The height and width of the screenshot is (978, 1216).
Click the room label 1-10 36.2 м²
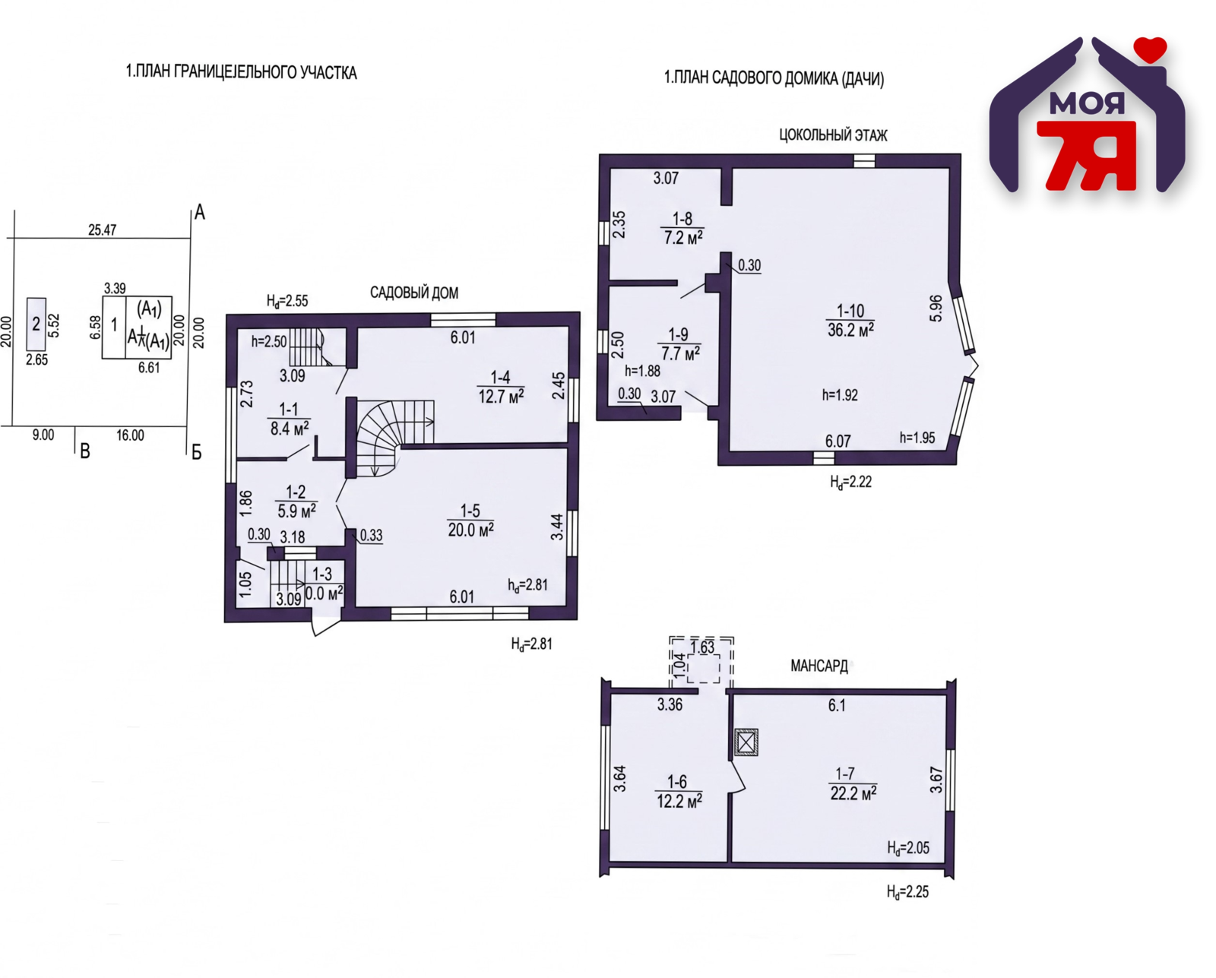coord(850,320)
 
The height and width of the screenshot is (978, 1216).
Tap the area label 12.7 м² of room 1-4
coord(501,396)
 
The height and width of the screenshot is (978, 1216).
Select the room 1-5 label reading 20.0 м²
coord(471,530)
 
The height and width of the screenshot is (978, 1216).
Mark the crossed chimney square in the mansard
coord(746,742)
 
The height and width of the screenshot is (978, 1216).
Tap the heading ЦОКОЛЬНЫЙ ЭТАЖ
coord(833,135)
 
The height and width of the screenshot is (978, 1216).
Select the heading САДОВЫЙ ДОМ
coord(414,293)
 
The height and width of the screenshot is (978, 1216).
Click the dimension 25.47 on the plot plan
coord(103,230)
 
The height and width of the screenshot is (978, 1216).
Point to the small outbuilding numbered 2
coord(36,324)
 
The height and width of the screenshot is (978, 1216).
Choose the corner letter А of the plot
coord(199,213)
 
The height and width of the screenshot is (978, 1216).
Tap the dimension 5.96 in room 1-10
coord(936,309)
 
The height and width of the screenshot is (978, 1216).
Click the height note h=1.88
coord(642,371)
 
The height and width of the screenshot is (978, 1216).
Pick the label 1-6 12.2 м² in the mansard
coord(679,792)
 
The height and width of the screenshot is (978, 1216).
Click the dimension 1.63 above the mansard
coord(703,647)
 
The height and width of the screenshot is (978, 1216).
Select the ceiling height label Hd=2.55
coord(287,301)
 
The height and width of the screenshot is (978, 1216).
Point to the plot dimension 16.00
coord(130,435)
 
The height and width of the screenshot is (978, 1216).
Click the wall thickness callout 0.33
coord(371,535)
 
